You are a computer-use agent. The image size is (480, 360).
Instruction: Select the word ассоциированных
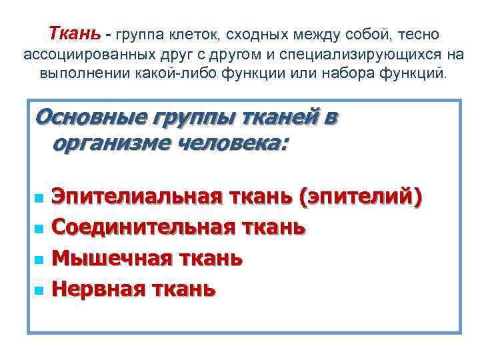[76, 53]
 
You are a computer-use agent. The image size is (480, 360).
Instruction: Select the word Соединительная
[141, 227]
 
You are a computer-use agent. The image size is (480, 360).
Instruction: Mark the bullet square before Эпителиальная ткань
[38, 198]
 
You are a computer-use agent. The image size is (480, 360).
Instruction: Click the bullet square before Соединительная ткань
[38, 229]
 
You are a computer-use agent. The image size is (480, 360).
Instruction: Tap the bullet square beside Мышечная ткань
[38, 259]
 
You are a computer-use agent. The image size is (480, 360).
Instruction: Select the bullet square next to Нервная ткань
[38, 290]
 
